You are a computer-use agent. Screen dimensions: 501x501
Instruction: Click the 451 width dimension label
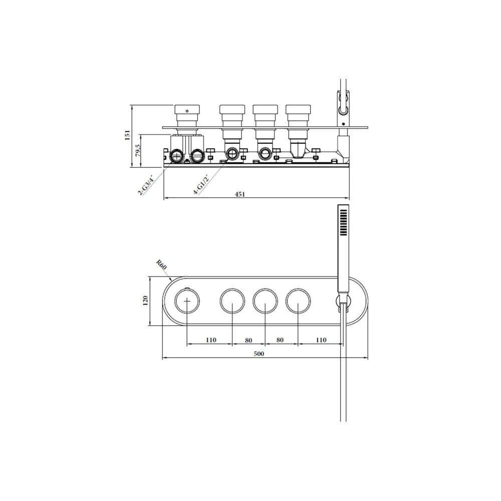[x=239, y=194]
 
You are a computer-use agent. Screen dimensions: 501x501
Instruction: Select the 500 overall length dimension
[x=259, y=353]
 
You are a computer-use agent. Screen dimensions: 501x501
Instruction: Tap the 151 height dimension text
[x=127, y=135]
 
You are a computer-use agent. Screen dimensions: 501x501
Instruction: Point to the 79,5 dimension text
[x=137, y=150]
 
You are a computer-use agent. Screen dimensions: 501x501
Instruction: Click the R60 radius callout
[x=161, y=265]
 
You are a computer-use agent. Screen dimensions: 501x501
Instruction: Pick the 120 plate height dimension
[x=145, y=301]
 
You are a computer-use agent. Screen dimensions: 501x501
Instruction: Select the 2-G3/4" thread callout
[x=146, y=185]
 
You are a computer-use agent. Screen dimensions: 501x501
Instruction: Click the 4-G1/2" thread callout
[x=201, y=184]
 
